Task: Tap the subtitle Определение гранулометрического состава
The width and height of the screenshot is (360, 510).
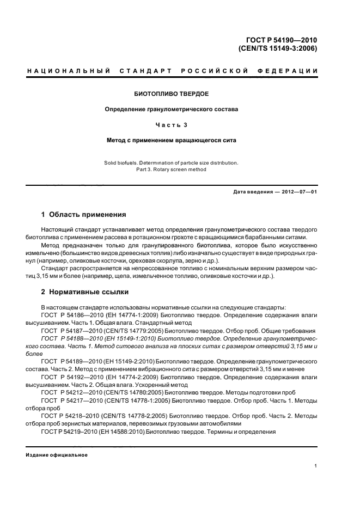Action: tap(172, 109)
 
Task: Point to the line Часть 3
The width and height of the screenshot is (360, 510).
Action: tap(172, 125)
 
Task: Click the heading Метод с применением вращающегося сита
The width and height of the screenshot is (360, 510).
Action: tap(172, 140)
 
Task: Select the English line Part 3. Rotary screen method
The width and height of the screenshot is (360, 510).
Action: tap(172, 169)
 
